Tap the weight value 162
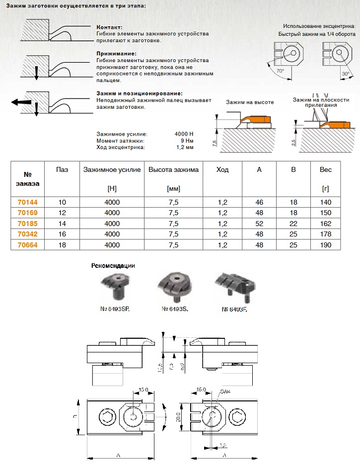click(x=325, y=224)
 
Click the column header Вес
click(x=326, y=170)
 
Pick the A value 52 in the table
click(x=259, y=224)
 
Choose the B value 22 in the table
click(x=293, y=224)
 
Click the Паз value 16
click(x=62, y=234)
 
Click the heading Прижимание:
click(x=116, y=54)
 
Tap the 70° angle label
click(x=280, y=72)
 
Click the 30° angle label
click(x=346, y=74)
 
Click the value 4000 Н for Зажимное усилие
click(x=184, y=135)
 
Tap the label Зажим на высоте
click(x=250, y=102)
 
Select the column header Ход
click(x=223, y=170)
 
